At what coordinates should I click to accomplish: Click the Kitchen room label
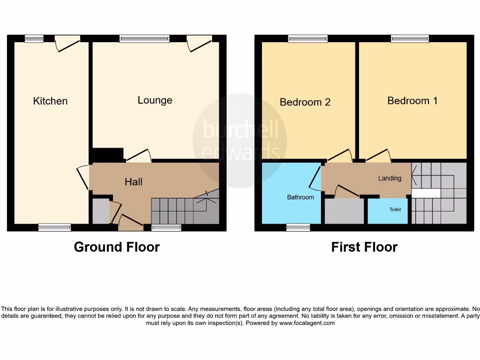(50, 101)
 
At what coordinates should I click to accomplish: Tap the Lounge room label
(155, 100)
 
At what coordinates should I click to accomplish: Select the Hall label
(134, 181)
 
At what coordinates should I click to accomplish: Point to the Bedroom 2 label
(305, 102)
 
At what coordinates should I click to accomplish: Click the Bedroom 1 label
(412, 100)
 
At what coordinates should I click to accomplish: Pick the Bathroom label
(300, 197)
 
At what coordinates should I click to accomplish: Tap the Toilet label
(395, 210)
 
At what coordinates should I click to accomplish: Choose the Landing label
(390, 178)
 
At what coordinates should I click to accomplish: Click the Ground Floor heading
(117, 247)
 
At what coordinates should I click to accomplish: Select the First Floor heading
(364, 247)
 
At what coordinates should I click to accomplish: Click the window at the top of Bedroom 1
(410, 39)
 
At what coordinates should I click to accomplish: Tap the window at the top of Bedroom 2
(308, 39)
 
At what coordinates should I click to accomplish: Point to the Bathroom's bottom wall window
(298, 227)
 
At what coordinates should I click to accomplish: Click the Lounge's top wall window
(144, 39)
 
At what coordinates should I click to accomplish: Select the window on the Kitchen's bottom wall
(54, 227)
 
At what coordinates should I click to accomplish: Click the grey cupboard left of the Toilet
(345, 211)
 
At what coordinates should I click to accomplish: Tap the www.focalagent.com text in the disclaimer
(307, 323)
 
